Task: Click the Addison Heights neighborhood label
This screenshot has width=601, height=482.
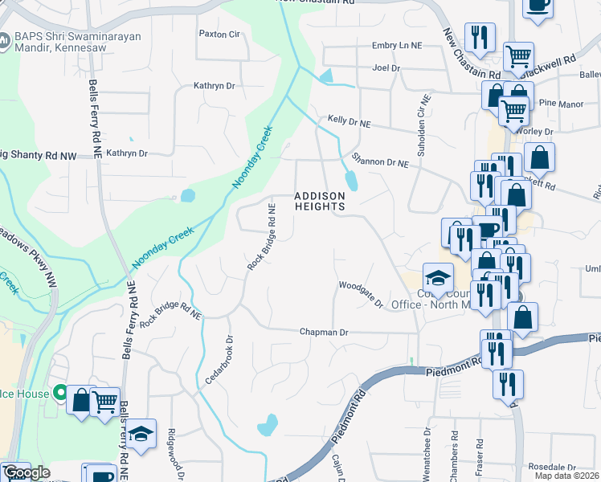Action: point(319,201)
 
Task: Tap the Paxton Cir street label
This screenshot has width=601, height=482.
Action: point(219,35)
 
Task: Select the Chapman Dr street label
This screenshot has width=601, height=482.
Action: point(324,332)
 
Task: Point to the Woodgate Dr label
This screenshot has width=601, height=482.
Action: point(361,293)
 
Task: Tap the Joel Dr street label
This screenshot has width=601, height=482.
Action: point(386,68)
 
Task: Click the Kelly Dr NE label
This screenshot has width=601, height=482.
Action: point(349,122)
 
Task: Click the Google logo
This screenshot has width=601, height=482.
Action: point(26,472)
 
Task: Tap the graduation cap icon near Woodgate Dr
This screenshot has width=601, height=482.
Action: point(438,279)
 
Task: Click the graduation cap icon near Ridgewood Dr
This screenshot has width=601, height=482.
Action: point(141,434)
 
